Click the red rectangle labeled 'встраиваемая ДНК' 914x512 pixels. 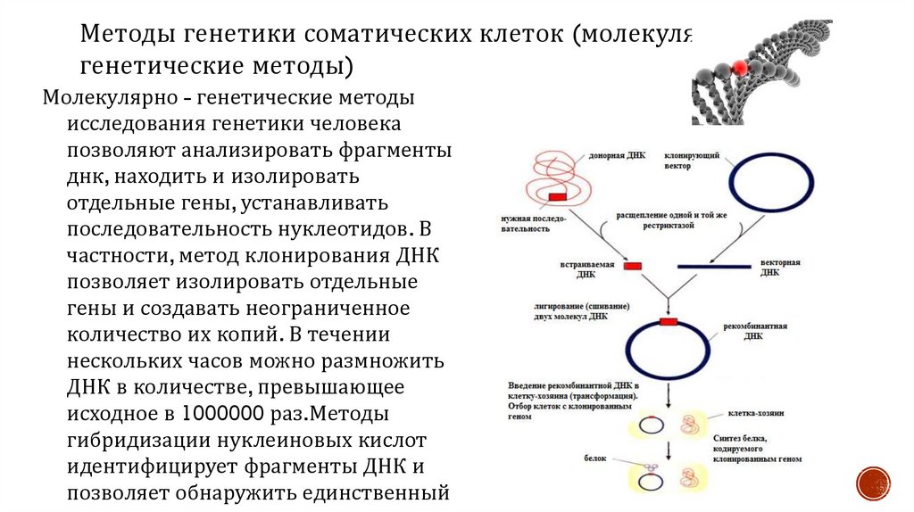tap(632, 265)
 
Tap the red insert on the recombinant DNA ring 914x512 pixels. tap(667, 321)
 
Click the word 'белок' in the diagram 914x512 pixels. tap(595, 458)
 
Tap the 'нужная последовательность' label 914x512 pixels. tap(526, 223)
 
